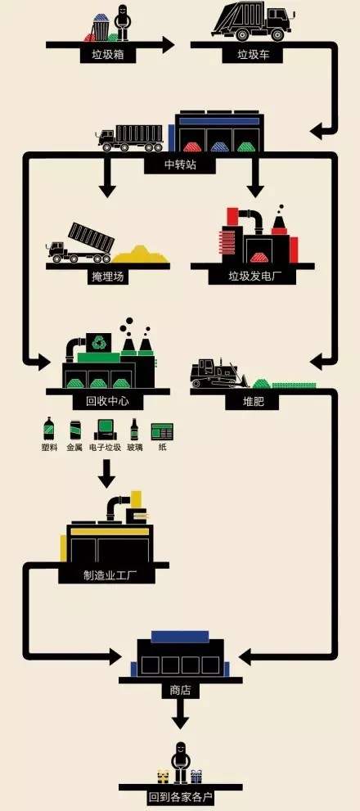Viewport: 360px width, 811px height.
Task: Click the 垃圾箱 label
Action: [108, 55]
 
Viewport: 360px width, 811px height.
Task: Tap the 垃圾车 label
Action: [254, 55]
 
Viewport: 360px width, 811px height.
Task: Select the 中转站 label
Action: [181, 165]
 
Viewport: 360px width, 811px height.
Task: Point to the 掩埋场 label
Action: [108, 277]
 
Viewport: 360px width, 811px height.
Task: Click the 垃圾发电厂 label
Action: [253, 277]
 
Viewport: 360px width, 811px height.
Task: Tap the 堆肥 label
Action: [253, 402]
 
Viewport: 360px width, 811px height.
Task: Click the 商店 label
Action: [180, 691]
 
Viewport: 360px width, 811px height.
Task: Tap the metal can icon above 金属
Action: [74, 430]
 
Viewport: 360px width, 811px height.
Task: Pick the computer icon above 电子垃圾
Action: [105, 430]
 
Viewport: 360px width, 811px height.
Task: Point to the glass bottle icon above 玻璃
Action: [134, 430]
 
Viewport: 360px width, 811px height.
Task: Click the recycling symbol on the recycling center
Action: [97, 342]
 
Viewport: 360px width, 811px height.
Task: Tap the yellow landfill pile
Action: [140, 255]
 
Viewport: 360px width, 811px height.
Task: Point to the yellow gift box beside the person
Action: [164, 777]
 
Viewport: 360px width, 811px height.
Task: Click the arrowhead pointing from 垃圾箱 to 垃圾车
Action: [168, 45]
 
